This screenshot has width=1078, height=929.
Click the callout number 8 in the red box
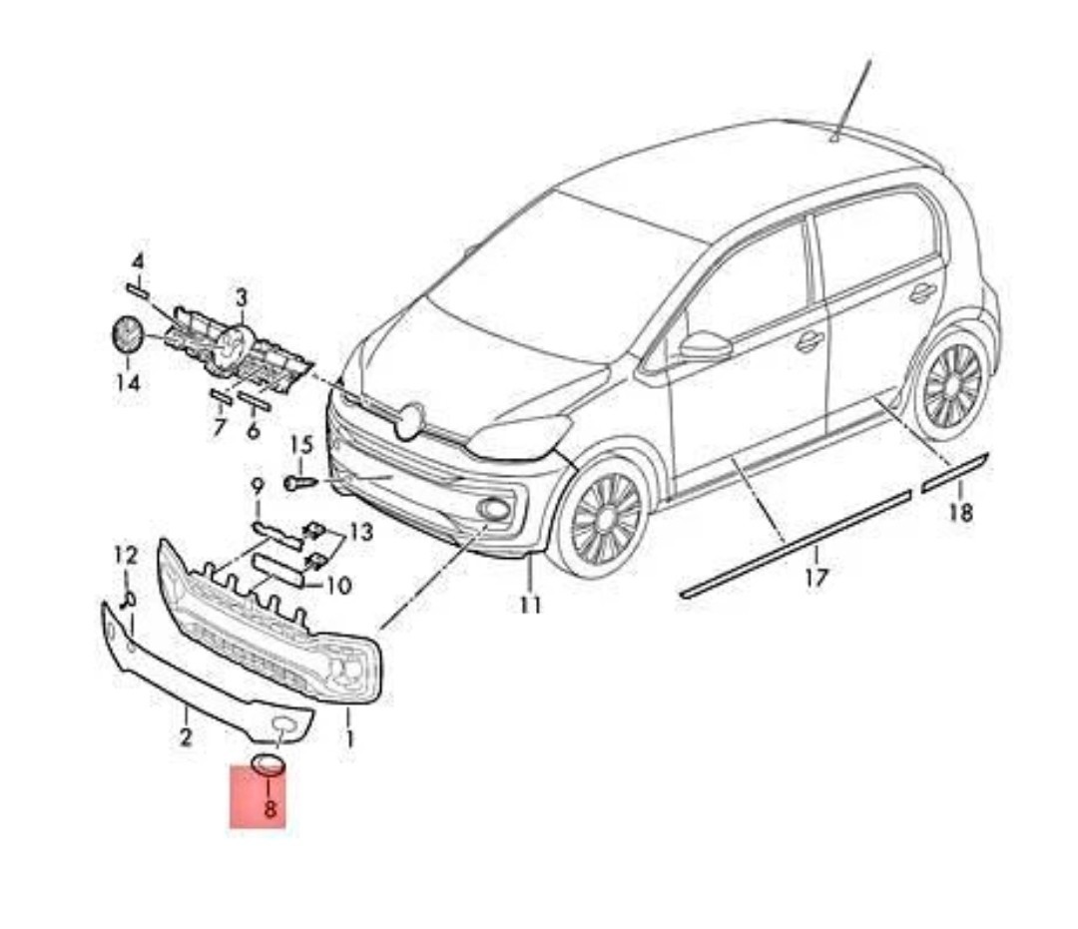(x=269, y=808)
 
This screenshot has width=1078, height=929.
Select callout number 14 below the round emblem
(x=128, y=381)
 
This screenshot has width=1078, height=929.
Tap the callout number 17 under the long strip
(x=815, y=577)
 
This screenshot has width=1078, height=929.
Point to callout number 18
(x=960, y=513)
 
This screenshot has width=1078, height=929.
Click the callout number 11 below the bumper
(x=530, y=604)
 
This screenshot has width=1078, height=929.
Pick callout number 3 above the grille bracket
(x=241, y=296)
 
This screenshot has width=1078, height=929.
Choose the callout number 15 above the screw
(x=301, y=444)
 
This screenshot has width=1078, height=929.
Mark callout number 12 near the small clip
(x=126, y=555)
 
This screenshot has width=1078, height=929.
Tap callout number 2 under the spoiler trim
(x=186, y=738)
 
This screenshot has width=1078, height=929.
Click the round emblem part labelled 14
(x=124, y=334)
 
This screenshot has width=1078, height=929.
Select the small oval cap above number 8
(x=269, y=765)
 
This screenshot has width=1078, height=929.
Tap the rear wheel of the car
(x=952, y=386)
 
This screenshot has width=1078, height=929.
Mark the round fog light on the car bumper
(x=492, y=510)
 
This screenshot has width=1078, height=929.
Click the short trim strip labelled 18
(x=954, y=472)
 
